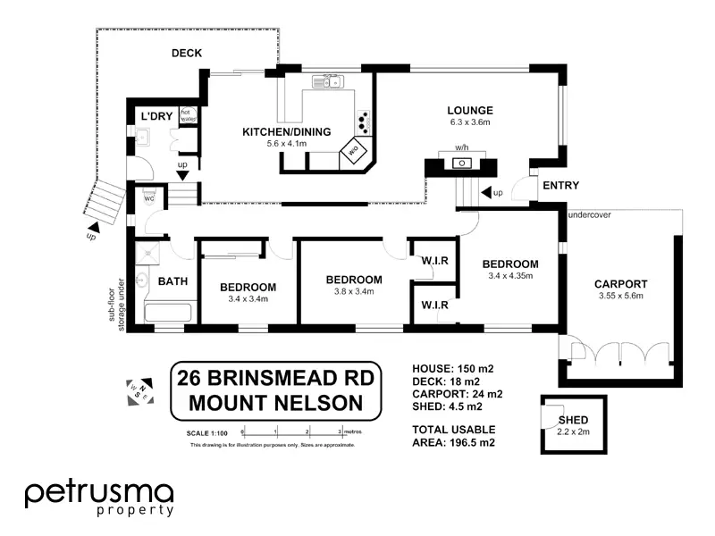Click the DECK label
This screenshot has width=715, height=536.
point(187,54)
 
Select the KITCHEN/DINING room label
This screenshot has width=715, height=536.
point(287,132)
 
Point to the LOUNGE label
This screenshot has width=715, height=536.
point(469,111)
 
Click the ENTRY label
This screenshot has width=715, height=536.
point(560,186)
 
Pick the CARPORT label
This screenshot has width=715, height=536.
point(620,284)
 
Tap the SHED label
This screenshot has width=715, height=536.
point(573,420)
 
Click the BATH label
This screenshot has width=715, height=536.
point(172,281)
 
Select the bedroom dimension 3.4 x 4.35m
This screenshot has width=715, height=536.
point(510,276)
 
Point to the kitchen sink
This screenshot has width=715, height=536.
point(328,83)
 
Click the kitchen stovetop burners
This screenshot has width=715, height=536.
point(363,119)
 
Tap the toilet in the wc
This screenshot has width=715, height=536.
point(147,197)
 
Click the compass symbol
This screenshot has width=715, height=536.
point(139,389)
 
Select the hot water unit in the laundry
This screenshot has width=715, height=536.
point(188,114)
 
